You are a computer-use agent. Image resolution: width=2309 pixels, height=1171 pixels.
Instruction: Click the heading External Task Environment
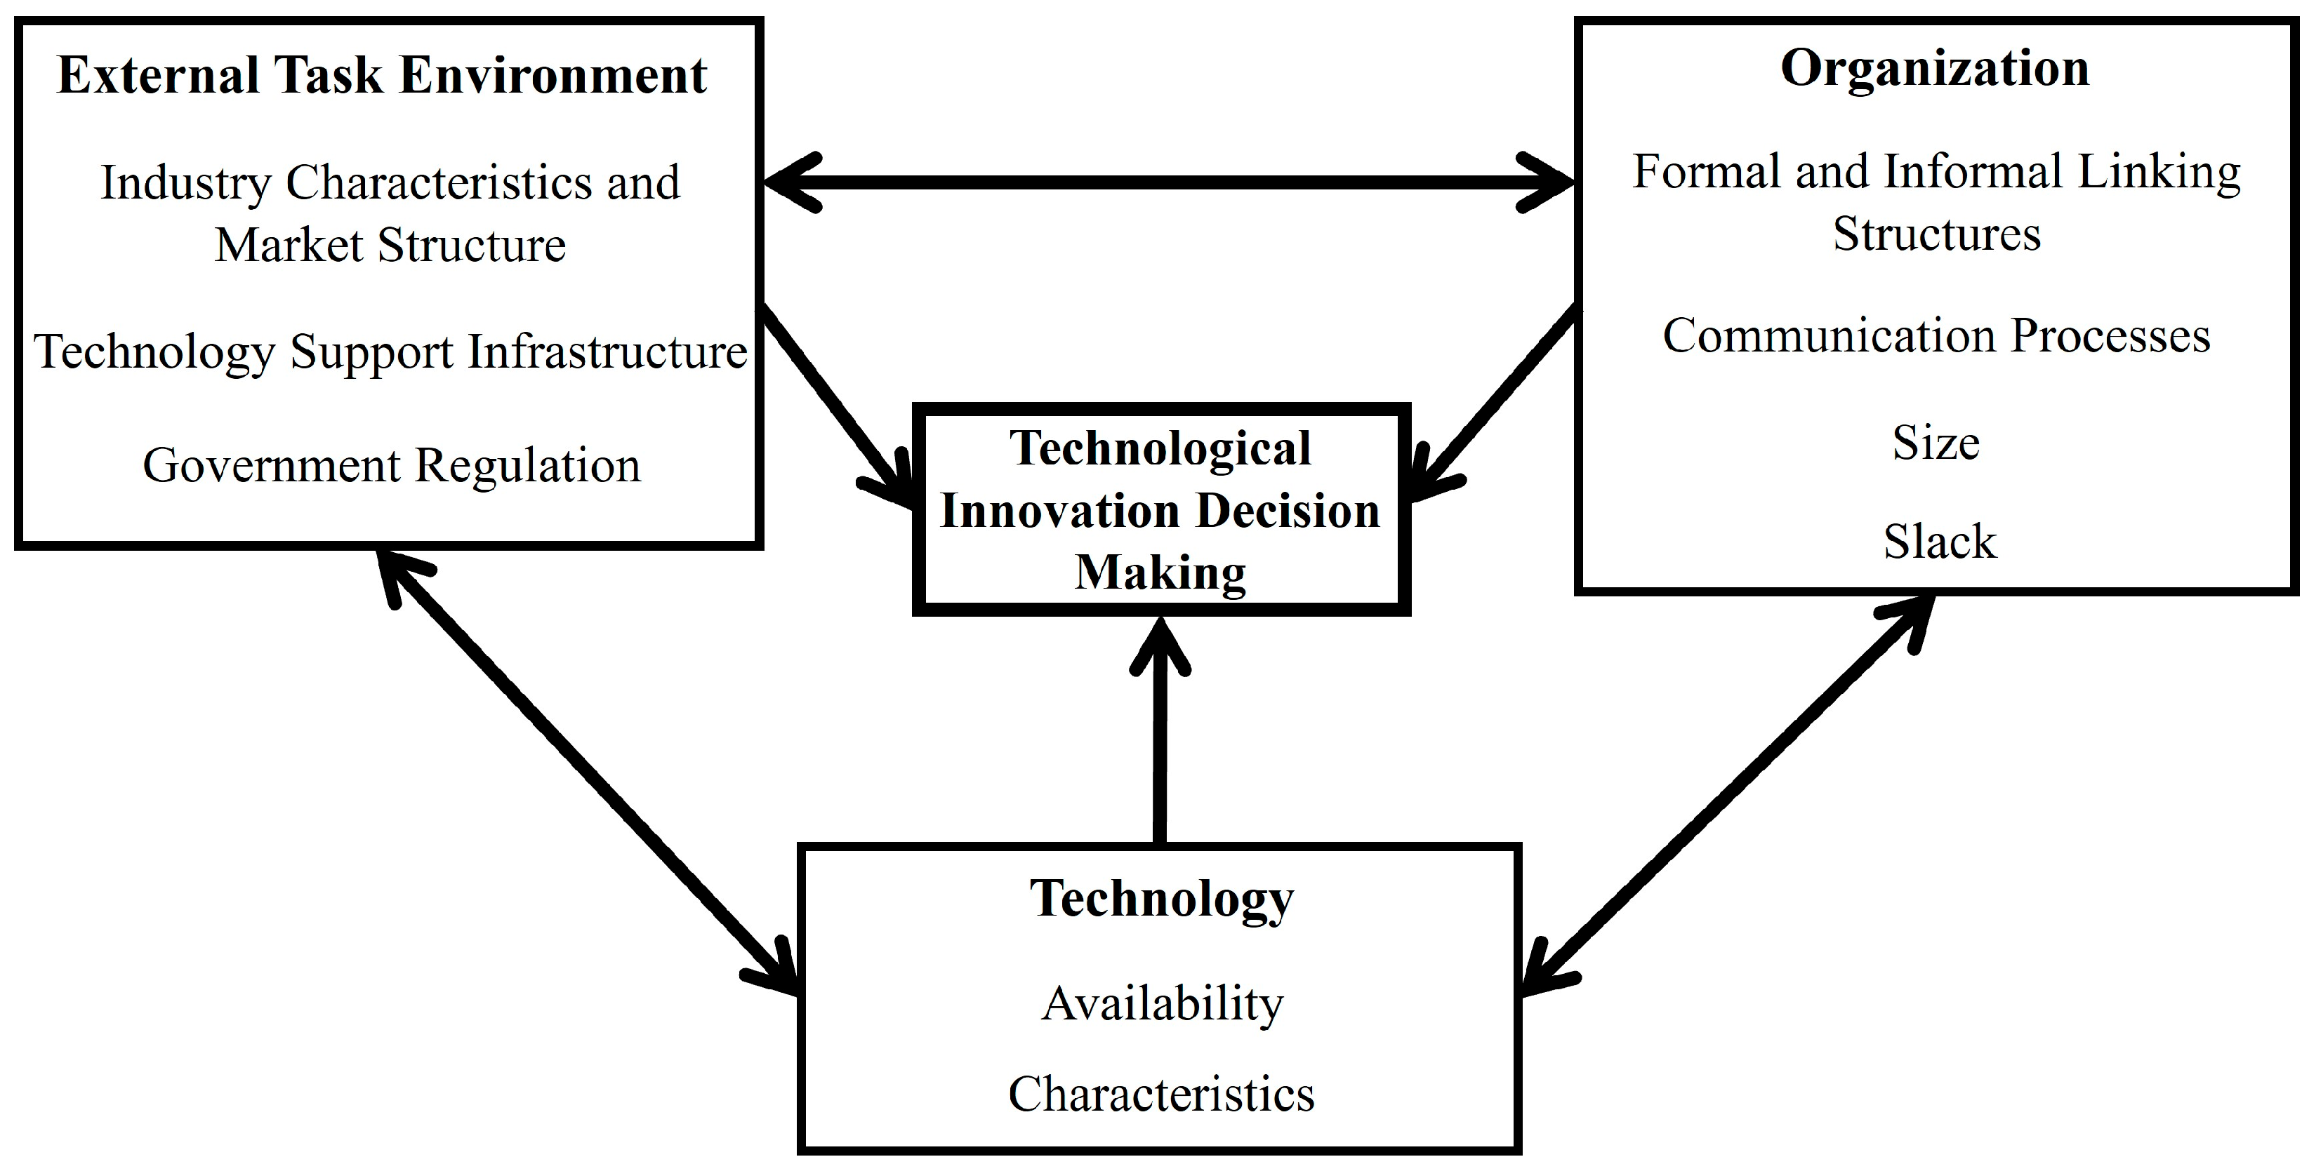[x=382, y=74]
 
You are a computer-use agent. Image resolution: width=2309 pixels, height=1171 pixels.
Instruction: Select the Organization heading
[x=1934, y=68]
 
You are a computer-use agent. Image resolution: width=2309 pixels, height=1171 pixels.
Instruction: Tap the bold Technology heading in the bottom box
[x=1160, y=899]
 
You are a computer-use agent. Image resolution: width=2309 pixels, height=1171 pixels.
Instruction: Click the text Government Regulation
[x=392, y=466]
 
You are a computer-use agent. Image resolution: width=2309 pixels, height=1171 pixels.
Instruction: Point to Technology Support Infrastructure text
[x=391, y=352]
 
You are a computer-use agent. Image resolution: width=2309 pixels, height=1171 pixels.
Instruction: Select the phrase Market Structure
[x=391, y=245]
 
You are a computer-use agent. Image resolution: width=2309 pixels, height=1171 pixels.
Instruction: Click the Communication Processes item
[x=1936, y=337]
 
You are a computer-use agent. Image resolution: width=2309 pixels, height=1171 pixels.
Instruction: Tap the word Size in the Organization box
[x=1936, y=443]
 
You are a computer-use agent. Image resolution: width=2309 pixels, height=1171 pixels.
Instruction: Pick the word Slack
[x=1940, y=541]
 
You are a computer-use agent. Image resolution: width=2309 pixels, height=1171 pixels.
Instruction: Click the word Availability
[x=1162, y=1003]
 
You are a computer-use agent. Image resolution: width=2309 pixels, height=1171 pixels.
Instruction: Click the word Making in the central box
[x=1160, y=572]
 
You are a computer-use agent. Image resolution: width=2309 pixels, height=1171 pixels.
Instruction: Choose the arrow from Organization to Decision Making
[x=1497, y=399]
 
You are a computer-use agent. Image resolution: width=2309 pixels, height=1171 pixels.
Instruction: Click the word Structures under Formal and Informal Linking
[x=1936, y=235]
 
